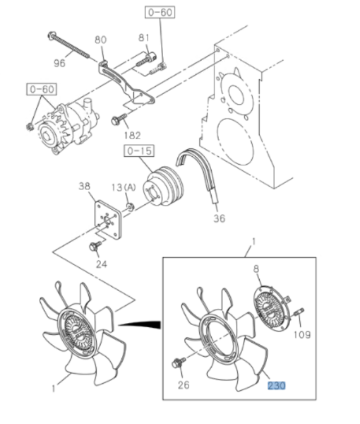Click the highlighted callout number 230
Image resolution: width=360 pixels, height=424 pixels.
click(x=276, y=386)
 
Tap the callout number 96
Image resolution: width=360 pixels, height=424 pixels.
click(x=59, y=64)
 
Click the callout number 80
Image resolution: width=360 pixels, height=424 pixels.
click(x=100, y=40)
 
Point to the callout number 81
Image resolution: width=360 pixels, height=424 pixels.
click(x=144, y=37)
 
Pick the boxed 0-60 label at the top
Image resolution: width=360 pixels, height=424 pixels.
click(x=160, y=13)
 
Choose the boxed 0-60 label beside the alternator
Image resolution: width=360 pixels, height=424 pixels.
click(x=42, y=90)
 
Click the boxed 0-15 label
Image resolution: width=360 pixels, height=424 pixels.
click(x=139, y=151)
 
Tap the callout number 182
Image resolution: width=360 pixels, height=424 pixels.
click(x=132, y=135)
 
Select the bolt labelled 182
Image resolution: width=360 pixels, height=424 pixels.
click(x=119, y=119)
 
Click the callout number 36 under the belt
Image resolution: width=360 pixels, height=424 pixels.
click(x=219, y=218)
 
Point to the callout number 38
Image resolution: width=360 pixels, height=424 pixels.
click(x=84, y=186)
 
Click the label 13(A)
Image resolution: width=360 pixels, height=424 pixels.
click(x=124, y=187)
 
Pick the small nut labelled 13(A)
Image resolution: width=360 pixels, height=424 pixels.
click(x=131, y=207)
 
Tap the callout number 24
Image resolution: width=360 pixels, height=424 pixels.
click(x=102, y=264)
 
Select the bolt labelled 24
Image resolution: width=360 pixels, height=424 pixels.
click(x=95, y=246)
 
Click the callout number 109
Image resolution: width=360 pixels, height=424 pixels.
click(x=302, y=335)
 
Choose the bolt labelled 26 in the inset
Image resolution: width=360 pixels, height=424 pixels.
click(x=179, y=363)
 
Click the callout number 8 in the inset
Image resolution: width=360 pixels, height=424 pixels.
click(x=256, y=269)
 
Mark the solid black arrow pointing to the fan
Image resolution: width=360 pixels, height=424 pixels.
click(x=139, y=324)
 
